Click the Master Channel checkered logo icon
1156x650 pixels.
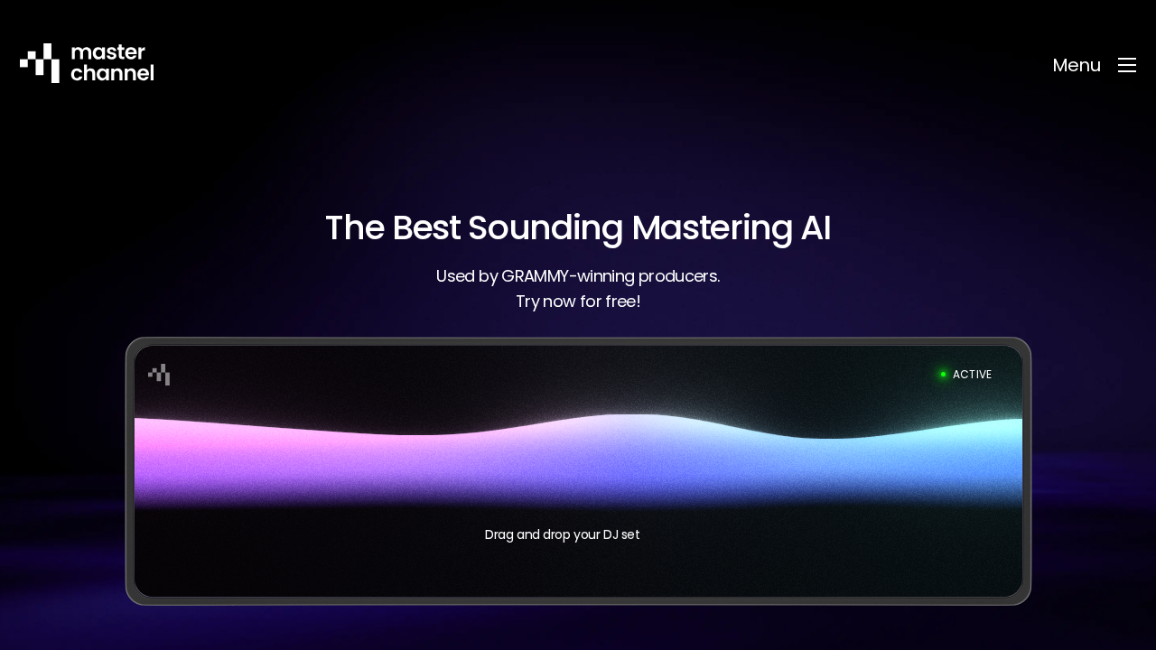tap(40, 63)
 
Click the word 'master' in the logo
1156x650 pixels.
tap(107, 52)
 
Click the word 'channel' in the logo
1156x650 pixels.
tap(113, 73)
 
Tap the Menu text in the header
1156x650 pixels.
tap(1077, 65)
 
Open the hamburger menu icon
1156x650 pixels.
tap(1127, 65)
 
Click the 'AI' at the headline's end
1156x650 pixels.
tap(816, 228)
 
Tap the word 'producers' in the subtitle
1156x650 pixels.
tap(678, 276)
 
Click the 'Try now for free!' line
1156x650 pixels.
tap(578, 302)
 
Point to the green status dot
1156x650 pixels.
tap(943, 375)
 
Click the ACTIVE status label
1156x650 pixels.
tap(972, 375)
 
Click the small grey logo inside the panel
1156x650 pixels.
tap(159, 375)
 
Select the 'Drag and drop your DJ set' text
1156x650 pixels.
tap(562, 534)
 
